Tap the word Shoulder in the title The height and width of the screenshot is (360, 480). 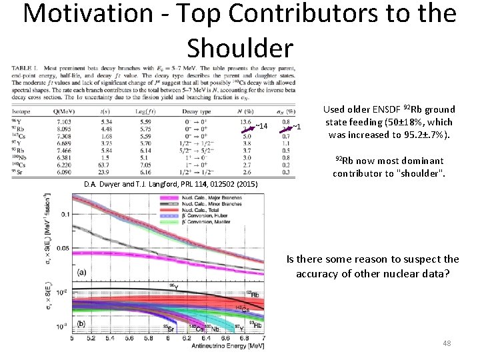240,48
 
